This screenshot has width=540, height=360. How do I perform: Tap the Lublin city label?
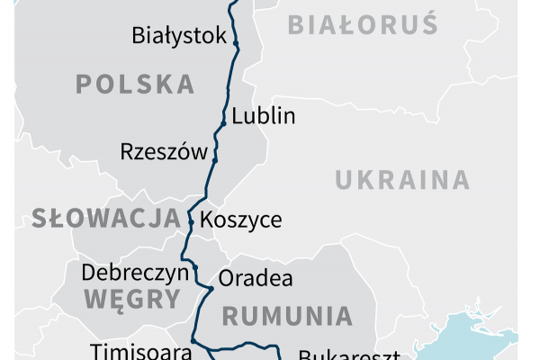tap(263, 116)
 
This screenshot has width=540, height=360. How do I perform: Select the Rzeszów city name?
tap(164, 151)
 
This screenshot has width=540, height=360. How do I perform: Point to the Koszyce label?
tap(240, 220)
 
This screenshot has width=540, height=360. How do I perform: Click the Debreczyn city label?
tap(134, 273)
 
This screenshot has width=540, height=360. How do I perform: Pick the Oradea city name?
tap(256, 278)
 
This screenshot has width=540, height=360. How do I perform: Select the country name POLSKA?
tap(135, 85)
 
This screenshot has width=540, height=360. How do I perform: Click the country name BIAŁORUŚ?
tap(363, 24)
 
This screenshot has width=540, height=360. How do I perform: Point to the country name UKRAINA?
tap(402, 180)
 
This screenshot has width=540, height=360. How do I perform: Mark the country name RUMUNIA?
tap(287, 316)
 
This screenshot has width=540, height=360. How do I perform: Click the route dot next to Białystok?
tap(236, 42)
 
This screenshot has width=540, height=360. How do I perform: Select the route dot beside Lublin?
tap(224, 123)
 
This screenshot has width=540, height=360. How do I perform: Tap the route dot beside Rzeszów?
tap(215, 159)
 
